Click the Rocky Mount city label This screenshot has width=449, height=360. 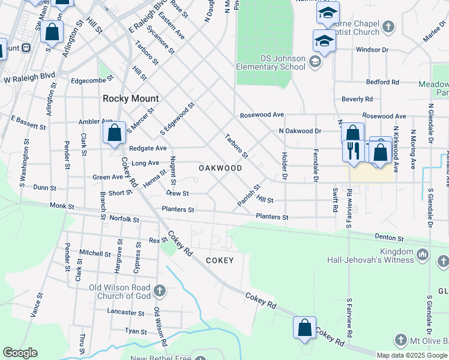(x=131, y=98)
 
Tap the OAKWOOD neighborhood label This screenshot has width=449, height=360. (x=220, y=169)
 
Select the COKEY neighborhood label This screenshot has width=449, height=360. (x=219, y=260)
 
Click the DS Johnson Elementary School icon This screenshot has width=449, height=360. (x=315, y=61)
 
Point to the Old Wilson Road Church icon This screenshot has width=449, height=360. (x=159, y=291)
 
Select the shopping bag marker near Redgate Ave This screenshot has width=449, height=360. (x=114, y=133)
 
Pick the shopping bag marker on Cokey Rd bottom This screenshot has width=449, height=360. (x=304, y=328)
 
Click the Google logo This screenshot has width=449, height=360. (x=20, y=353)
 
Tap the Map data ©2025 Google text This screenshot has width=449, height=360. (x=412, y=355)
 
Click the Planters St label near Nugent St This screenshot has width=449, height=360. (x=178, y=210)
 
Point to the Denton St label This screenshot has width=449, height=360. (x=390, y=238)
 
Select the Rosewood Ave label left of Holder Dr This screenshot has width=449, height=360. (x=262, y=115)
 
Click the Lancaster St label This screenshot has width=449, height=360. (x=125, y=313)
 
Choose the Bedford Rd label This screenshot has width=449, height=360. (x=382, y=82)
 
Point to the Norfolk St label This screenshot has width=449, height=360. (x=124, y=220)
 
